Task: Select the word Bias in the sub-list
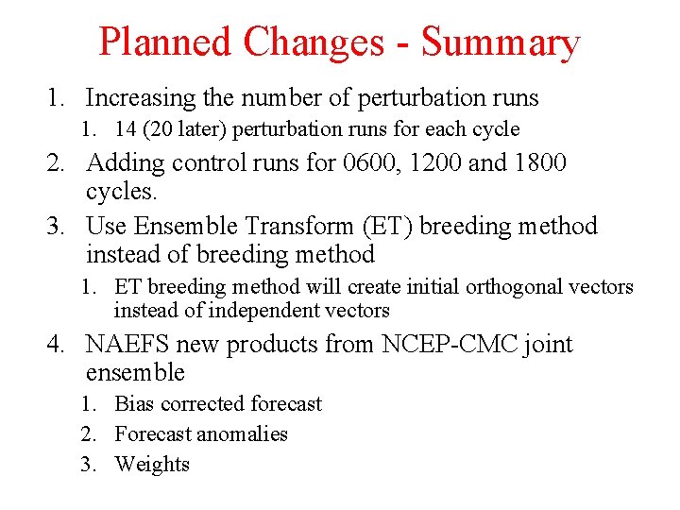[x=134, y=404]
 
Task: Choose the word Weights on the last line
[x=152, y=465]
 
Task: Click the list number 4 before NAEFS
[x=56, y=345]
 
